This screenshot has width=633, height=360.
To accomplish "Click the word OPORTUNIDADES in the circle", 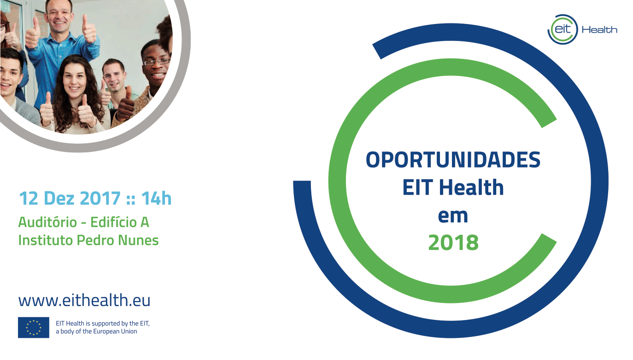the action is pyautogui.click(x=453, y=160).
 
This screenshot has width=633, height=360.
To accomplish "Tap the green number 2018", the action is pyautogui.click(x=453, y=243).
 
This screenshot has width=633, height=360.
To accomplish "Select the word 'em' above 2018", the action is pyautogui.click(x=453, y=216).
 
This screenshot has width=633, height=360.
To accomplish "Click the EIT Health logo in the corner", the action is pyautogui.click(x=582, y=29).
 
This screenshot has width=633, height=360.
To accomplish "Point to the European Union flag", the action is pyautogui.click(x=34, y=327).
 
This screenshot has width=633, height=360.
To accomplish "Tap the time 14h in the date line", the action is pyautogui.click(x=156, y=198).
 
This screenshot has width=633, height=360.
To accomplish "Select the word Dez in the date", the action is pyautogui.click(x=59, y=198).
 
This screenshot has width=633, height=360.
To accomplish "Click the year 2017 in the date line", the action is pyautogui.click(x=100, y=198).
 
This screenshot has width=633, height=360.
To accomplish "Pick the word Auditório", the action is pyautogui.click(x=47, y=222).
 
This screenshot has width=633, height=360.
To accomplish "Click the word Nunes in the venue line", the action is pyautogui.click(x=138, y=240).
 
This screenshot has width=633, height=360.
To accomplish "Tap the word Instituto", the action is pyautogui.click(x=46, y=240).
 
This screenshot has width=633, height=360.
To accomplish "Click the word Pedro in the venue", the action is pyautogui.click(x=95, y=240).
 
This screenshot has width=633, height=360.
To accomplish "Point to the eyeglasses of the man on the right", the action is pyautogui.click(x=157, y=62).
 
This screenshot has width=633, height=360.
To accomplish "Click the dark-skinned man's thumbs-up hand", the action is pyautogui.click(x=126, y=104).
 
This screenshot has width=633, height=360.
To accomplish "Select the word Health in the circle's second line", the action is pyautogui.click(x=471, y=187).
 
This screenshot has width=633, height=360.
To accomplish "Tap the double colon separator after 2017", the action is pyautogui.click(x=130, y=199).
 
